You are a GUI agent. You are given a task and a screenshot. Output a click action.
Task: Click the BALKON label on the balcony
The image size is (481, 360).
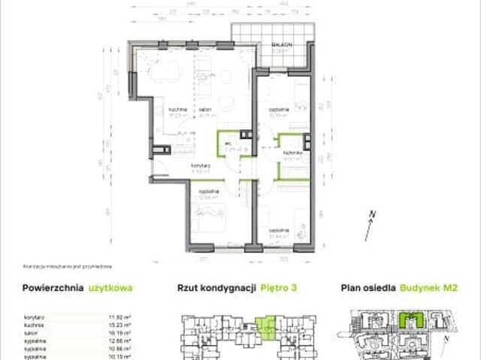pyautogui.click(x=282, y=46)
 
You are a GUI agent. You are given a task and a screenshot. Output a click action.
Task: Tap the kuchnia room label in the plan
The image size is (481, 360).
pyautogui.click(x=177, y=110)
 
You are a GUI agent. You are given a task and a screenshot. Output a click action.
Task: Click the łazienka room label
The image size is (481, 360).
pyautogui.click(x=293, y=153)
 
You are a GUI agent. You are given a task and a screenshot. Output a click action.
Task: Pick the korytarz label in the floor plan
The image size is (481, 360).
pyautogui.click(x=199, y=165)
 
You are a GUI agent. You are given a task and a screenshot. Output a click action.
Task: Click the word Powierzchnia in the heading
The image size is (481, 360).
pyautogui.click(x=53, y=288)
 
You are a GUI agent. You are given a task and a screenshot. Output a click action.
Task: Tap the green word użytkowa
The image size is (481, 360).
pyautogui.click(x=111, y=288)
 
